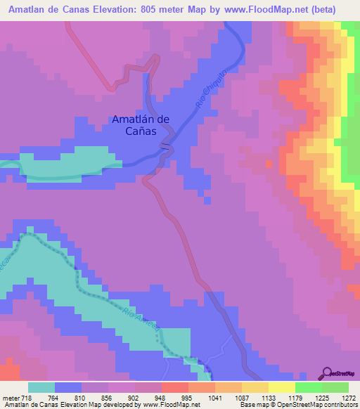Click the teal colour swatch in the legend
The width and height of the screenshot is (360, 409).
coord(41,388)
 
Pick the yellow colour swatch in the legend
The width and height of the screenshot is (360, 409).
coord(281,388)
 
